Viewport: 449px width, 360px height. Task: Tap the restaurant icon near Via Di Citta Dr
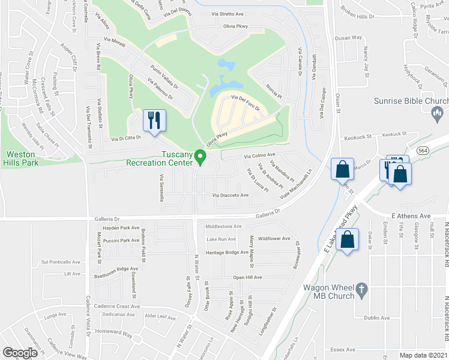tap(154, 120)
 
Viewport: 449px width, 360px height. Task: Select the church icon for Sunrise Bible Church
tap(438, 112)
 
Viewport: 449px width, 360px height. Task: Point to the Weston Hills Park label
tap(22, 157)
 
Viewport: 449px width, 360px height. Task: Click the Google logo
tap(20, 353)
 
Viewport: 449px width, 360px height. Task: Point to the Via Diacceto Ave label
tap(230, 196)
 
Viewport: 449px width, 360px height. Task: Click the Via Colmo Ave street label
tap(259, 156)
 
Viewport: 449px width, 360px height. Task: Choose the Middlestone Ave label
tap(223, 227)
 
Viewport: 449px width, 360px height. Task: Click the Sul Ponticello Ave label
tap(60, 262)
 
